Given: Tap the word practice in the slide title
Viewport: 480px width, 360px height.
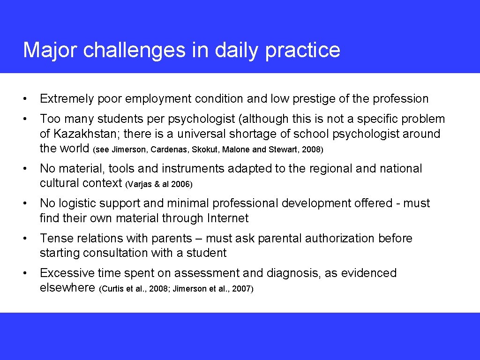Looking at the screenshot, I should coord(302,50).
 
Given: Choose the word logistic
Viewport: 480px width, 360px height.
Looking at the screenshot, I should coord(78,203).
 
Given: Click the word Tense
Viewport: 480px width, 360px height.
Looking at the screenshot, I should coord(55,238).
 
